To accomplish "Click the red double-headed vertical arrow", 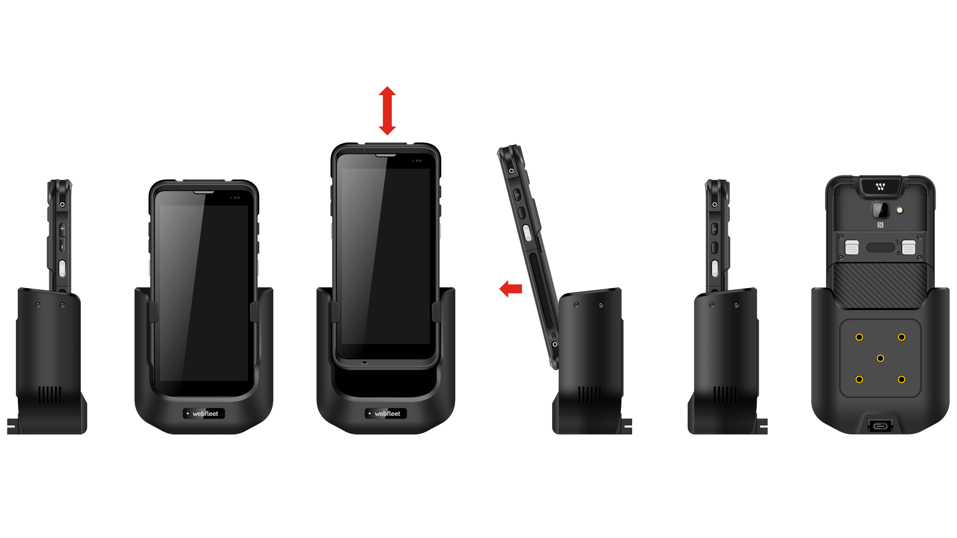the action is pos(387,111).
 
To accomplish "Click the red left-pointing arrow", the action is pos(511,289).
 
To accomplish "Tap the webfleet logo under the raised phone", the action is pos(386,413).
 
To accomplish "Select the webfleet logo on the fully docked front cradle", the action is pos(204,413).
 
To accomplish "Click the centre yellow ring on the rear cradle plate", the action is pos(880,358).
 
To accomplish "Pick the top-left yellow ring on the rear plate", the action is pos(859,337).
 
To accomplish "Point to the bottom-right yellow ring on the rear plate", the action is pos(901,380).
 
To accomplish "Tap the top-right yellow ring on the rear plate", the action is pos(901,337).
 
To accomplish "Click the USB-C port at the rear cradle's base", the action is pos(880,426).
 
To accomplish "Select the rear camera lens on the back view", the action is pos(880,210).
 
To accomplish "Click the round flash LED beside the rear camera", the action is pos(900,210).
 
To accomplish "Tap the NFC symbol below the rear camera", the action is pos(880,225).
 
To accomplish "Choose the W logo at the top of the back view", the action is pos(880,187).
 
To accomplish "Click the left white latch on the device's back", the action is pos(852,247).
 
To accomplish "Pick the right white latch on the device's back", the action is pos(909,247).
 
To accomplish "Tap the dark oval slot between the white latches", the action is pos(880,247).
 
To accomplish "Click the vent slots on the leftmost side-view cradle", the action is pos(50,395).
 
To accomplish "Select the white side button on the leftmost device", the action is pos(62,269).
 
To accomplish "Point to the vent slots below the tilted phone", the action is pos(590,395).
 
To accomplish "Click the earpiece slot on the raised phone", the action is pos(386,155).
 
